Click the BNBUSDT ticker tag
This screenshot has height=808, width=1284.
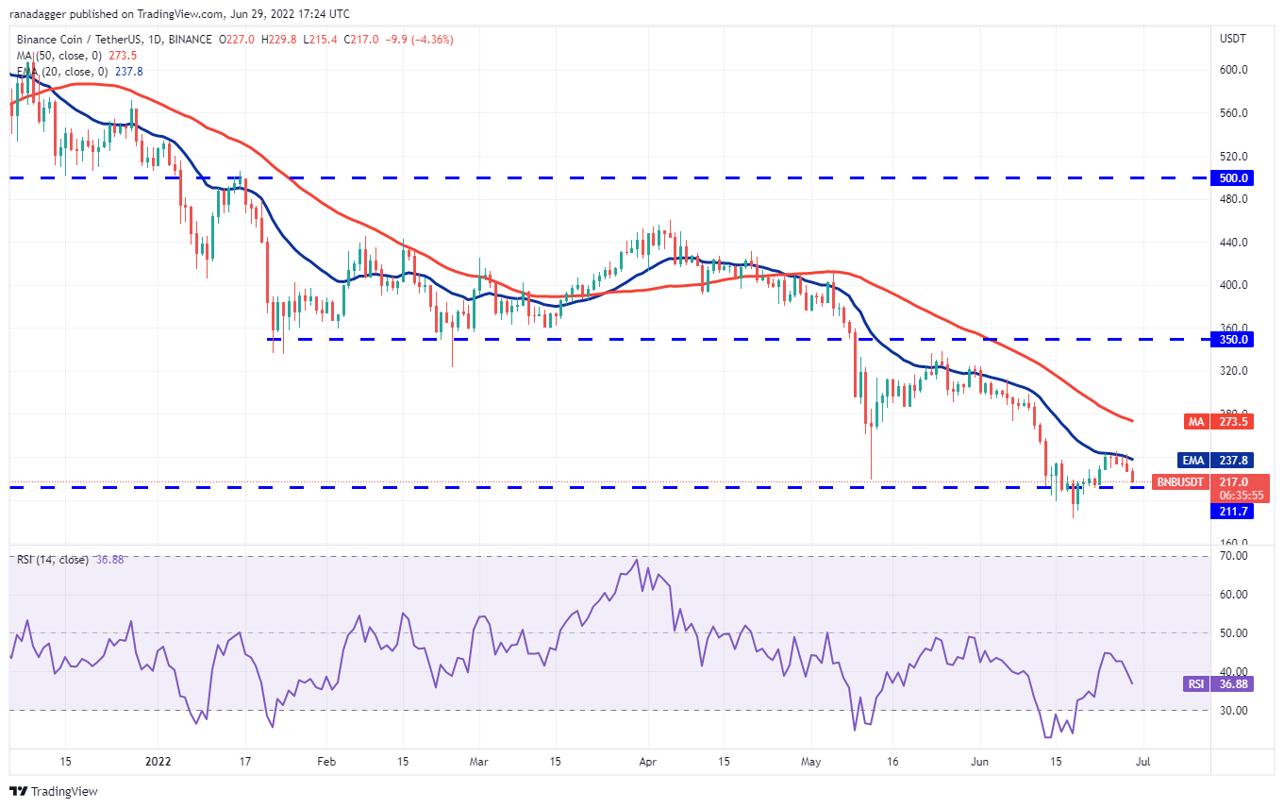(x=1180, y=481)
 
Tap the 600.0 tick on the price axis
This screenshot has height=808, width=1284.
(x=1234, y=70)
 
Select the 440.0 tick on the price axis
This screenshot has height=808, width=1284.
(x=1234, y=242)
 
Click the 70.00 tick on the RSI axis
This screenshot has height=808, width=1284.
(x=1233, y=556)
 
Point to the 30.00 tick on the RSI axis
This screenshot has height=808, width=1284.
(x=1233, y=710)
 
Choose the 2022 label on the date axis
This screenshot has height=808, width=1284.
(x=158, y=760)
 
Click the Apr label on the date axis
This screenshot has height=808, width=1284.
(x=646, y=760)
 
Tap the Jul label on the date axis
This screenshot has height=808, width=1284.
(x=1139, y=760)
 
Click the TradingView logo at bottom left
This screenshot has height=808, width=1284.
(x=55, y=791)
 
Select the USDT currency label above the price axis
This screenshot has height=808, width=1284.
(x=1232, y=39)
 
